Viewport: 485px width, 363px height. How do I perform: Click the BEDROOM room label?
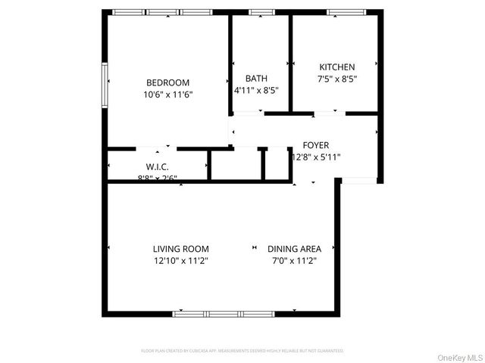167,82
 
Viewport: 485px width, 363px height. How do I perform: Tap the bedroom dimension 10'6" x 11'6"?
167,95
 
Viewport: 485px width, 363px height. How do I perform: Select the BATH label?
256,78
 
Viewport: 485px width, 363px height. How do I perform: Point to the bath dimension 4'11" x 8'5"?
256,90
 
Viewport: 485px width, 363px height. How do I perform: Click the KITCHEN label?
336,67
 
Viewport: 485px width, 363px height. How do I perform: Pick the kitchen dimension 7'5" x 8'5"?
336,78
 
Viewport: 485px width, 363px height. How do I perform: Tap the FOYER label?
316,145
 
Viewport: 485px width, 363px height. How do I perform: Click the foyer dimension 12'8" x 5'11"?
316,157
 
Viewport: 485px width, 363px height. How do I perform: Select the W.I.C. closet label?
157,166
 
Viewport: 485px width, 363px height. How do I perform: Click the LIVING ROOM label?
180,249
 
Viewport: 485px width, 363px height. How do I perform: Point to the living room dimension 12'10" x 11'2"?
180,261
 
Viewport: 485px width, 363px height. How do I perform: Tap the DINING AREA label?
294,249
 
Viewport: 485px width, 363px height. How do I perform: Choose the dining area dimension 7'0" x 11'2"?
294,261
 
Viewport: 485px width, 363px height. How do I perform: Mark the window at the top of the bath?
261,12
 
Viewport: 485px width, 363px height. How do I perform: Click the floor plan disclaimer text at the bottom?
242,351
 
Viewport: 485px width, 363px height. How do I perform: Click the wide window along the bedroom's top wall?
161,12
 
